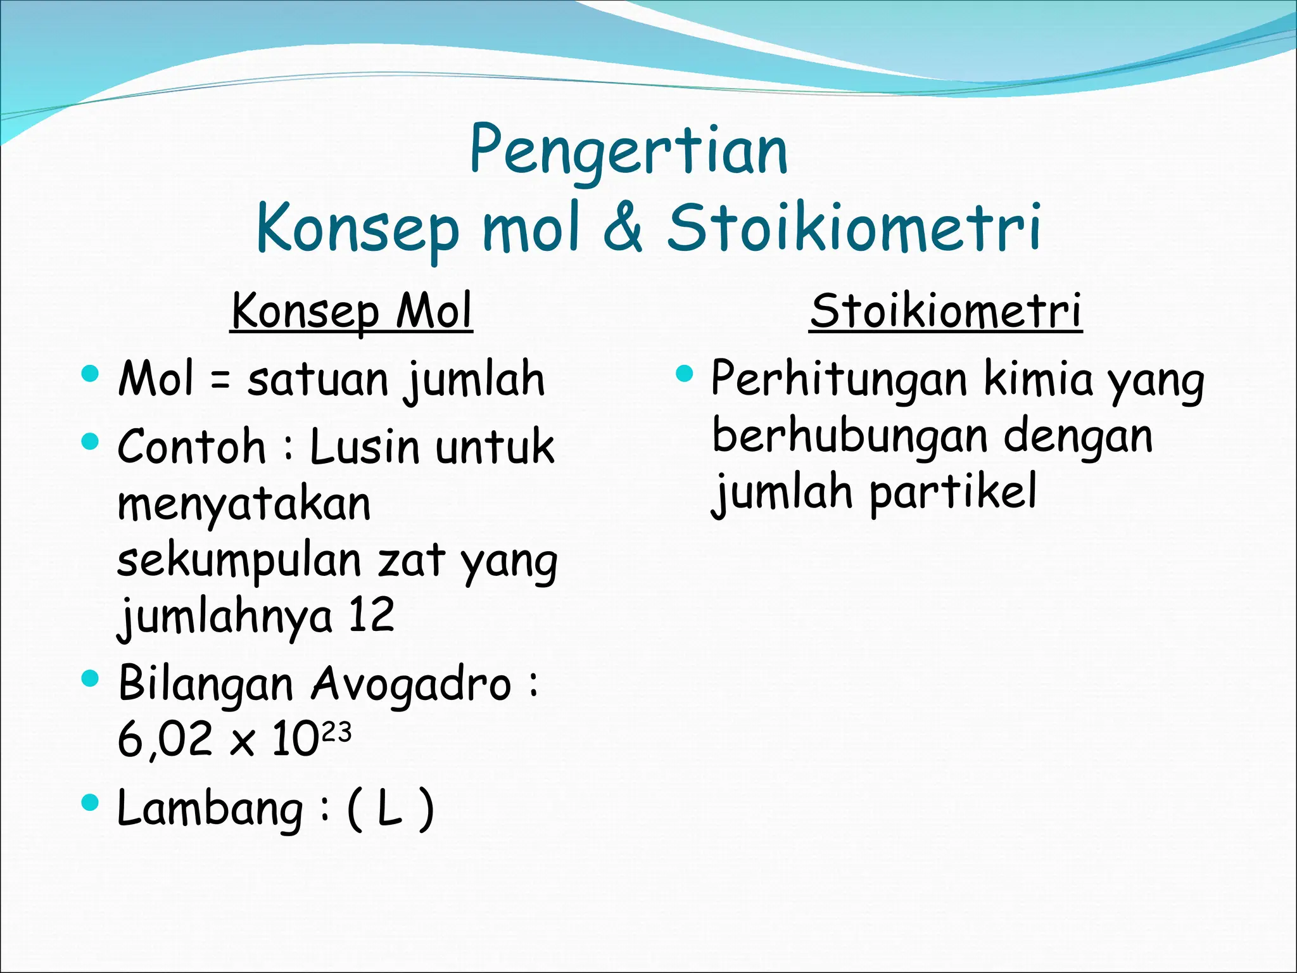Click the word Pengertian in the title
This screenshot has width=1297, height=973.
pos(628,151)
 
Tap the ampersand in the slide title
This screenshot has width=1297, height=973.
pos(623,227)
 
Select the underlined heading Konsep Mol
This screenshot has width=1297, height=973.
pos(351,311)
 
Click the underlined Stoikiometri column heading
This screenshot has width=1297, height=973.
pos(946,311)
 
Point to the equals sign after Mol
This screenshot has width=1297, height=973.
pos(220,381)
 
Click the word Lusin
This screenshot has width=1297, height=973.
pos(364,447)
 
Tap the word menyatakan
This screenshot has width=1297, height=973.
pos(244,505)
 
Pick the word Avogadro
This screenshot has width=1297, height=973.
pos(411,684)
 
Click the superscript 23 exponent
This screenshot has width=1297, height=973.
pos(336,732)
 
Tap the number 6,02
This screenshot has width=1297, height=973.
pos(165,739)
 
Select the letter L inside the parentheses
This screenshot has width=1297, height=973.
pos(389,809)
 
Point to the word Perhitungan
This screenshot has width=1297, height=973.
pos(839,379)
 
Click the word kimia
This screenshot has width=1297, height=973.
pos(1039,379)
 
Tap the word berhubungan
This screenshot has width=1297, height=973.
pos(849,436)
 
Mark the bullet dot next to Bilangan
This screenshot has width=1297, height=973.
pos(91,678)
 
